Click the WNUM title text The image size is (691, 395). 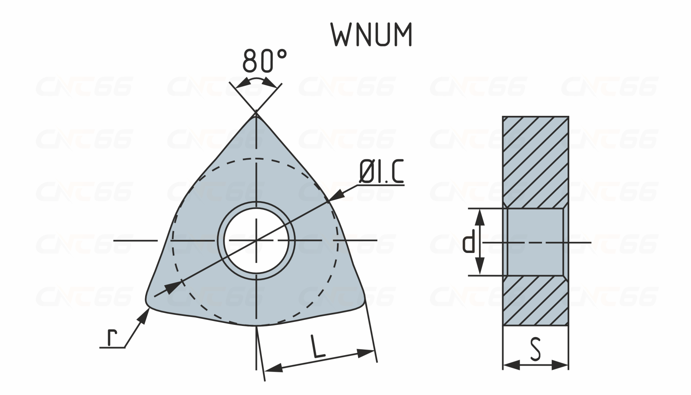pos(371,35)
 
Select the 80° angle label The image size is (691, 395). pos(264,61)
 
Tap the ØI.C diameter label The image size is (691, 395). pos(381,172)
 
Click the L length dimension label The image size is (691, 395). pos(317,347)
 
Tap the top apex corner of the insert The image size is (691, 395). pos(256,113)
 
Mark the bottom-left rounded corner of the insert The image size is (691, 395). pos(148,302)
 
